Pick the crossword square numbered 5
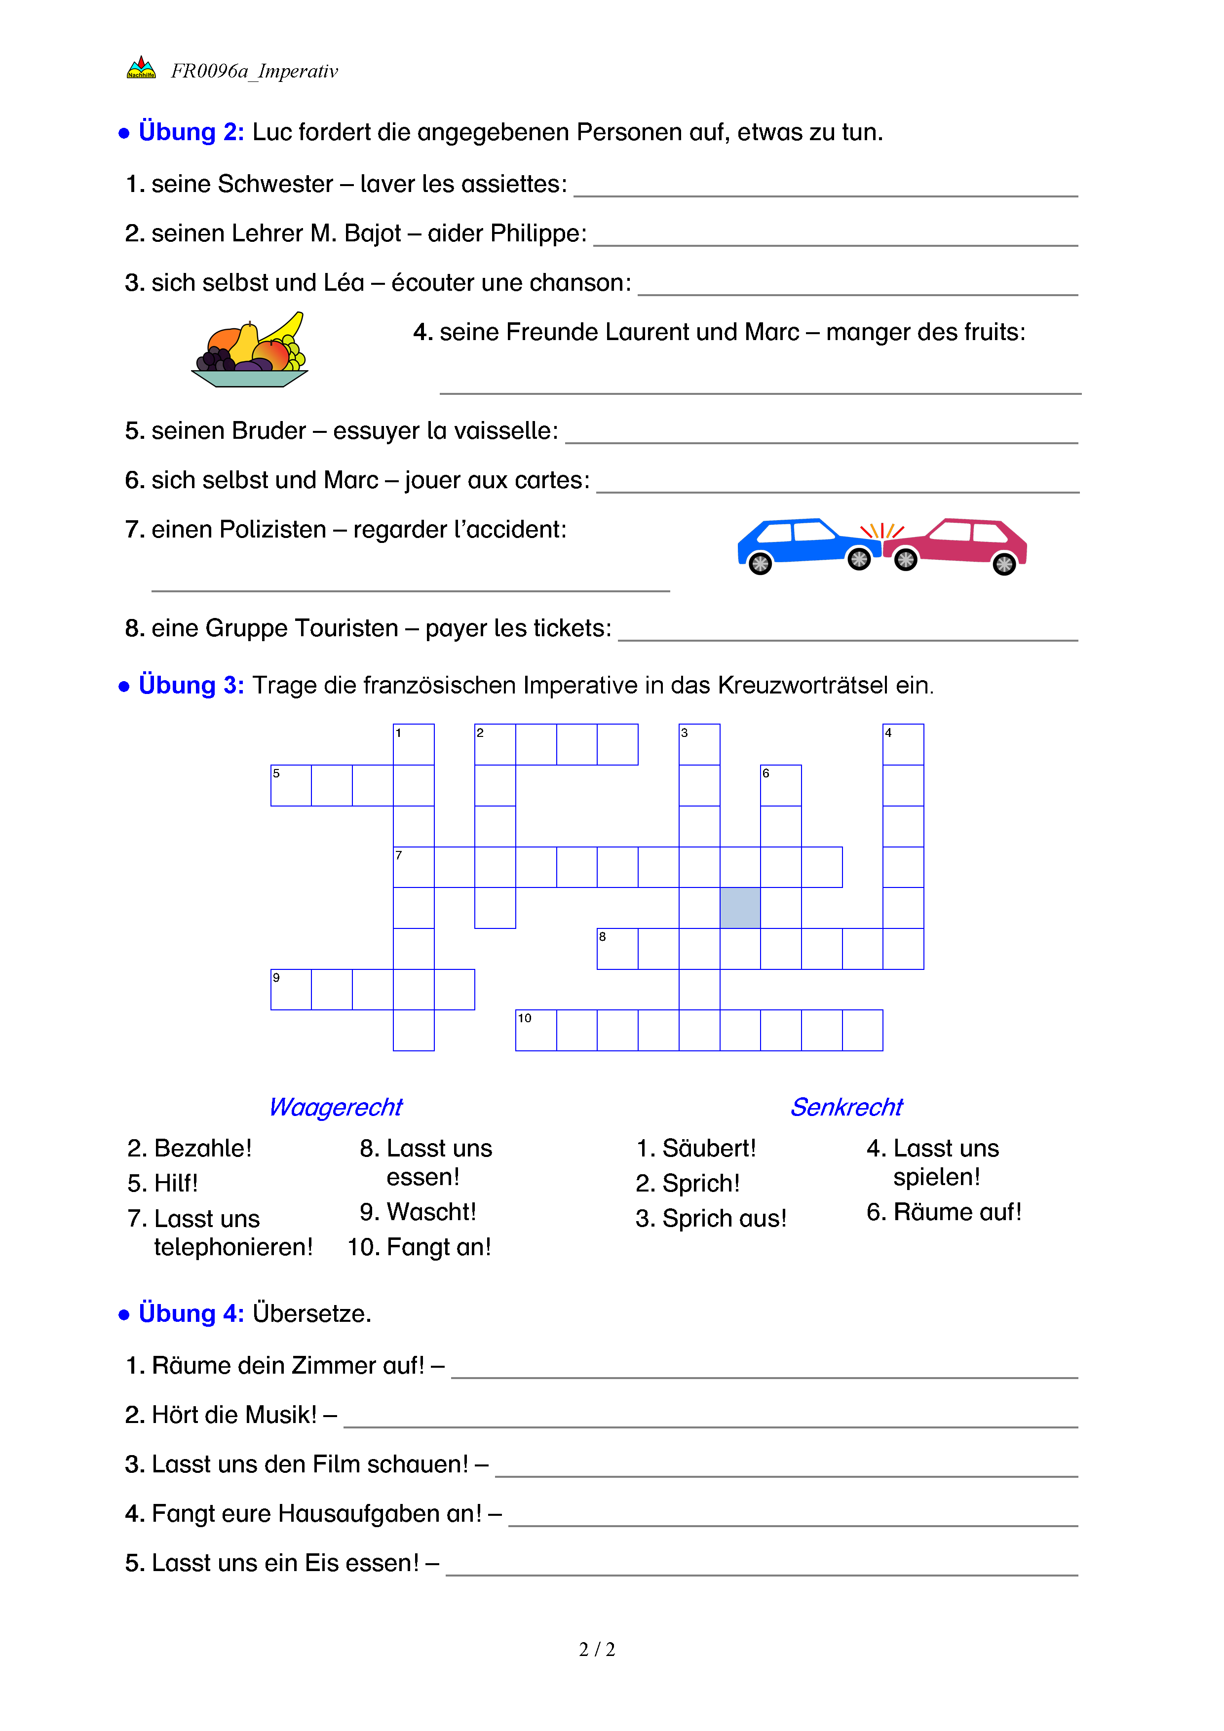(291, 786)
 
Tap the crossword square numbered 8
(617, 949)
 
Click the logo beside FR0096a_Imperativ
(141, 69)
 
